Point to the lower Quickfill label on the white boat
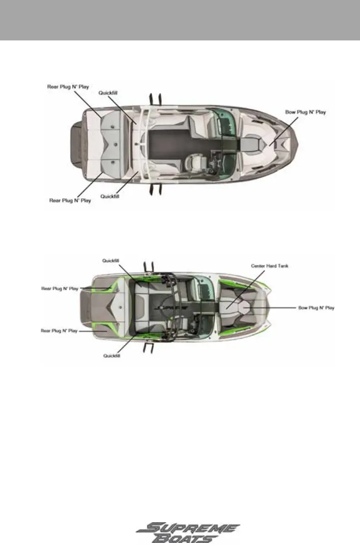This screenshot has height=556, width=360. (109, 196)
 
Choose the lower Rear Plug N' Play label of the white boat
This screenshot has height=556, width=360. (70, 200)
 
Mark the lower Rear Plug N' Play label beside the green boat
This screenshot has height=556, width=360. (59, 331)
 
